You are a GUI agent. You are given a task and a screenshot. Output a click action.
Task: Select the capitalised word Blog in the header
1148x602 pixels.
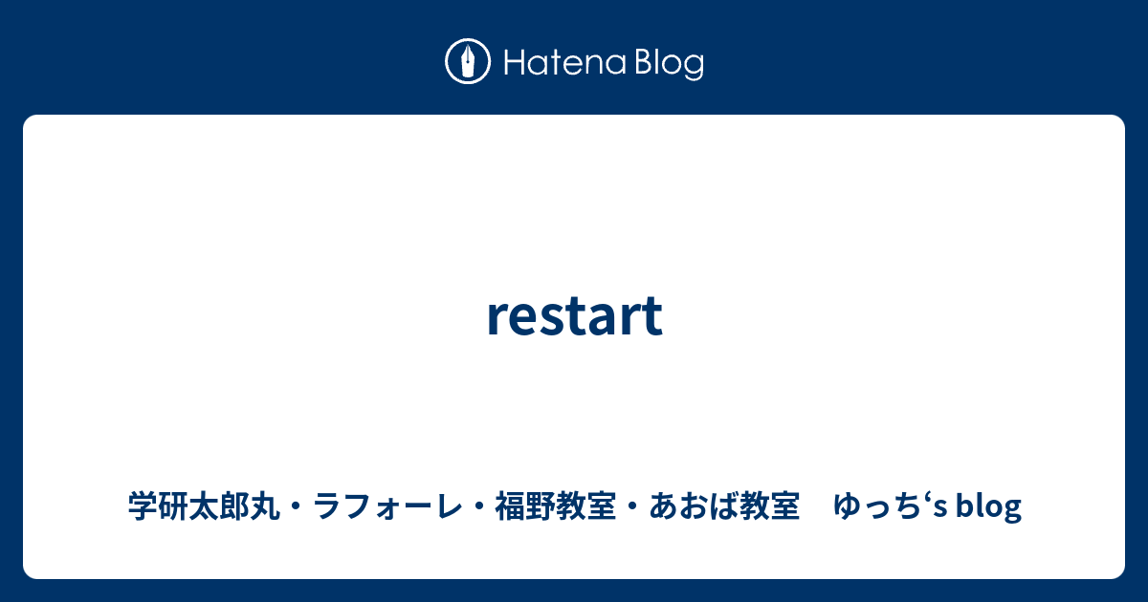667,63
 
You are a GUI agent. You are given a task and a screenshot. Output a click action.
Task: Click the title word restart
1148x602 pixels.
574,316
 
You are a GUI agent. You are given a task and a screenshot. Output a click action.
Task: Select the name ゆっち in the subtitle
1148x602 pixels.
872,506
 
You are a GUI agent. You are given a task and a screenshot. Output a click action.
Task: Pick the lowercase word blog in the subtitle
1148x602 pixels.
989,506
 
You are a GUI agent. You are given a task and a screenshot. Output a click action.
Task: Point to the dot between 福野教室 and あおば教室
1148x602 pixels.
630,506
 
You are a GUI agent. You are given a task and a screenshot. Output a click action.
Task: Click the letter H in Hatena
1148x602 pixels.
509,63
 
